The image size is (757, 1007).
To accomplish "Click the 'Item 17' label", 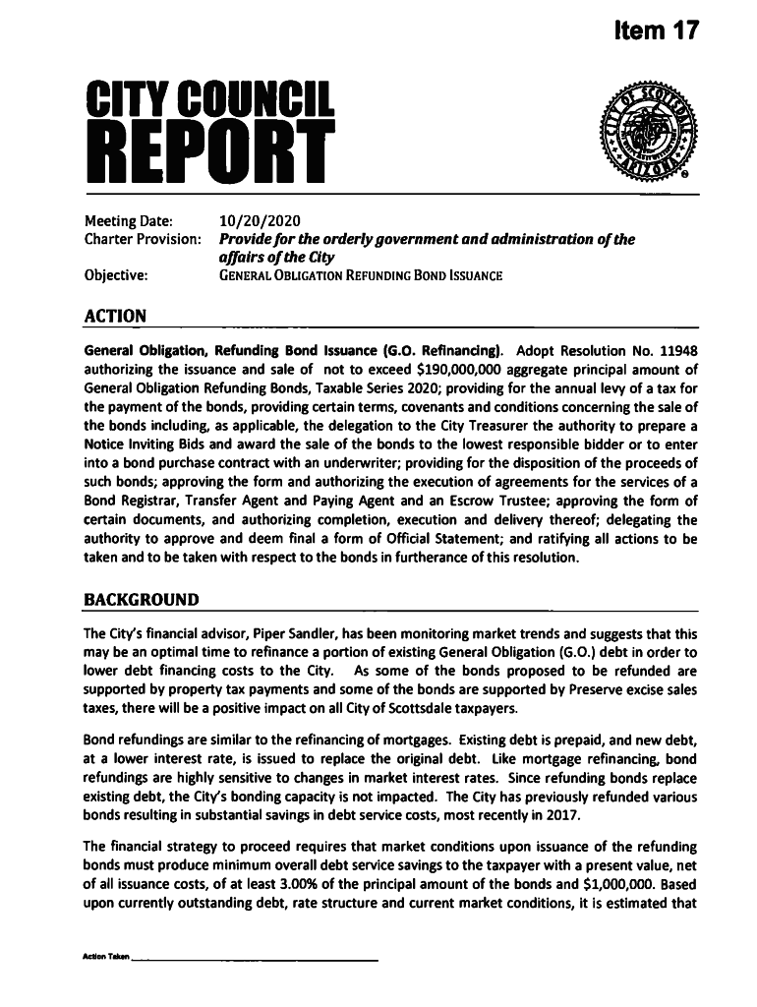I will [650, 30].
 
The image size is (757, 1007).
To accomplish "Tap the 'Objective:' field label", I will [116, 275].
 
